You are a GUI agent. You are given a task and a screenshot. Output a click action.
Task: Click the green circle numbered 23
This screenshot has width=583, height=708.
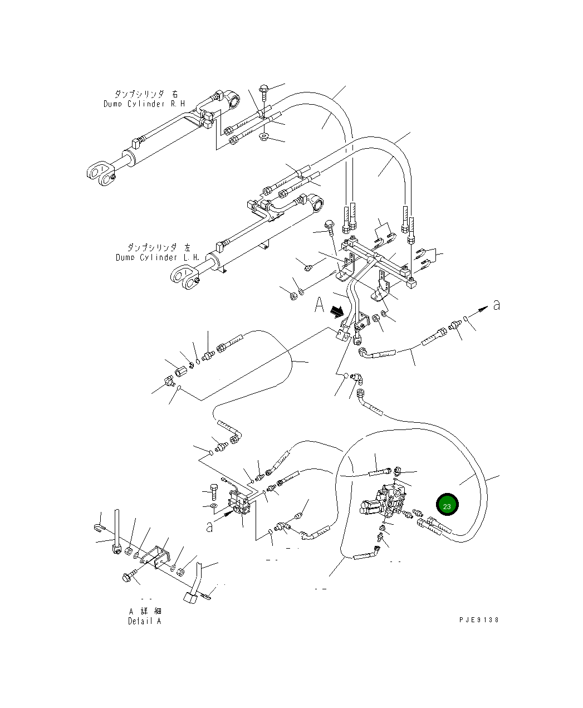coord(447,505)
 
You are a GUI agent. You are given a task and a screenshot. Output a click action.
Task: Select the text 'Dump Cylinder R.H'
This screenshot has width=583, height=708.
coord(144,104)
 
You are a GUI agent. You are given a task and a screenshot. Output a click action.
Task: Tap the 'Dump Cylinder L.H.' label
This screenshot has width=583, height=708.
coord(157,257)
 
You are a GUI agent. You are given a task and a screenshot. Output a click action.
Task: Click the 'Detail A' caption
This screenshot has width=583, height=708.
coord(144,621)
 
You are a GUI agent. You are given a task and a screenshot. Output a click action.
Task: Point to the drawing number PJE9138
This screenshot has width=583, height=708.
coord(479,619)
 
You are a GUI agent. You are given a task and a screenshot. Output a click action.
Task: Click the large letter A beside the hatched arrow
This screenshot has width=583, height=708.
coord(320,305)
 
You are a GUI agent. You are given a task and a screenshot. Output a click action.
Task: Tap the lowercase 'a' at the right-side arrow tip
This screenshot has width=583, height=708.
coord(497,305)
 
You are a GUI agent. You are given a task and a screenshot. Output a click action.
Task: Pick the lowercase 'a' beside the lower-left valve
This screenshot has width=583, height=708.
coord(209,526)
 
